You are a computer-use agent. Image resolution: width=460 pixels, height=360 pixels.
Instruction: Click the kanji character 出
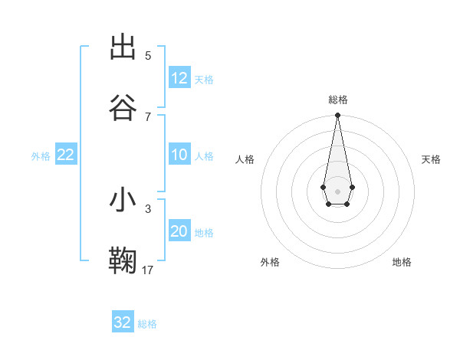point(123,47)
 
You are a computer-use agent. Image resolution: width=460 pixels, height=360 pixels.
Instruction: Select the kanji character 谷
point(123,108)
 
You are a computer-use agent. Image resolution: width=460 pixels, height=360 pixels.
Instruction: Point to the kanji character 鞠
point(123,260)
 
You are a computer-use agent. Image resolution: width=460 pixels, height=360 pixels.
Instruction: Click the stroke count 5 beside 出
point(148,56)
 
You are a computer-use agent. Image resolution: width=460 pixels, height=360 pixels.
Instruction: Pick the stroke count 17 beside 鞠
point(148,270)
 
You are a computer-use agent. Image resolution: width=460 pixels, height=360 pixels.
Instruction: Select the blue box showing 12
point(179,78)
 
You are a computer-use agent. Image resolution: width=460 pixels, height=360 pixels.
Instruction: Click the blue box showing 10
point(179,155)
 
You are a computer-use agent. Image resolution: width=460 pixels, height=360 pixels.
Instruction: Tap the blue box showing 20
point(179,231)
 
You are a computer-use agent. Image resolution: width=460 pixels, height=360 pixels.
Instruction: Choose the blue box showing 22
point(66,155)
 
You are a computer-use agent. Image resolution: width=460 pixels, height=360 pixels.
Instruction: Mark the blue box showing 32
point(123,322)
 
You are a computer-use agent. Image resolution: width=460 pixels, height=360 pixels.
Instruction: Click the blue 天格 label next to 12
point(204,80)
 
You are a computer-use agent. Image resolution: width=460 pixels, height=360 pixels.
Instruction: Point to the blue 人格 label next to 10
point(204,156)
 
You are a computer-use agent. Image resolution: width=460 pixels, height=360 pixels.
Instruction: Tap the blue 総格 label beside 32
point(147,324)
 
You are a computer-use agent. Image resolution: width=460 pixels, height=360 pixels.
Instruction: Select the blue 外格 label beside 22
point(41,156)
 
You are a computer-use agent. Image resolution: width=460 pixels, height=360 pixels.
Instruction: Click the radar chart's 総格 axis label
point(338,100)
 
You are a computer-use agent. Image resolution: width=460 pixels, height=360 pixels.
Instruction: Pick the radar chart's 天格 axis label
point(432,159)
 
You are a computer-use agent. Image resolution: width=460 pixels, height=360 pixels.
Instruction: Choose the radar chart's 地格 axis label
point(402,262)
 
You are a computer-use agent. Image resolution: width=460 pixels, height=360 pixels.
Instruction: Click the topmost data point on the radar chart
point(337,116)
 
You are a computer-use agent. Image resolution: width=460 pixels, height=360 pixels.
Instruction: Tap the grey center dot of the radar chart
point(337,191)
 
